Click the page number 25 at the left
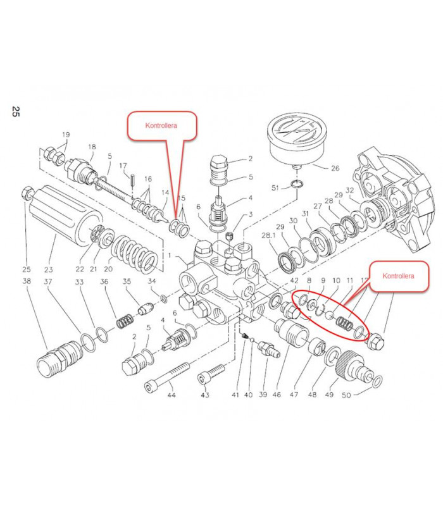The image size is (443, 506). point(16,112)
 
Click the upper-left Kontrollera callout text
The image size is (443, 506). point(161,125)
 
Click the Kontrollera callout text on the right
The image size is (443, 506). point(399,276)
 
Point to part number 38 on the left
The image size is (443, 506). point(27,281)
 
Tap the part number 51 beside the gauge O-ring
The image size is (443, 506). point(275,188)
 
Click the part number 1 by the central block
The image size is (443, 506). point(170,255)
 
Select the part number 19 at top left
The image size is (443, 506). point(65,135)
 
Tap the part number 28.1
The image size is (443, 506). point(269,235)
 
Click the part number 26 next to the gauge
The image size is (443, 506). point(335,168)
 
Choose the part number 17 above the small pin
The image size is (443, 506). point(123,166)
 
